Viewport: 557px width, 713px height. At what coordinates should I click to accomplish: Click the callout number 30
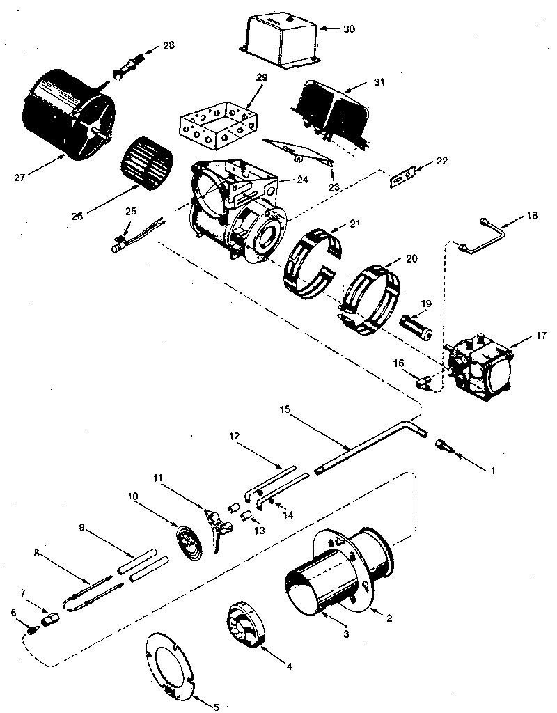349,29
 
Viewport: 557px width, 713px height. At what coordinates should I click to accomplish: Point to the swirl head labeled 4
250,627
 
